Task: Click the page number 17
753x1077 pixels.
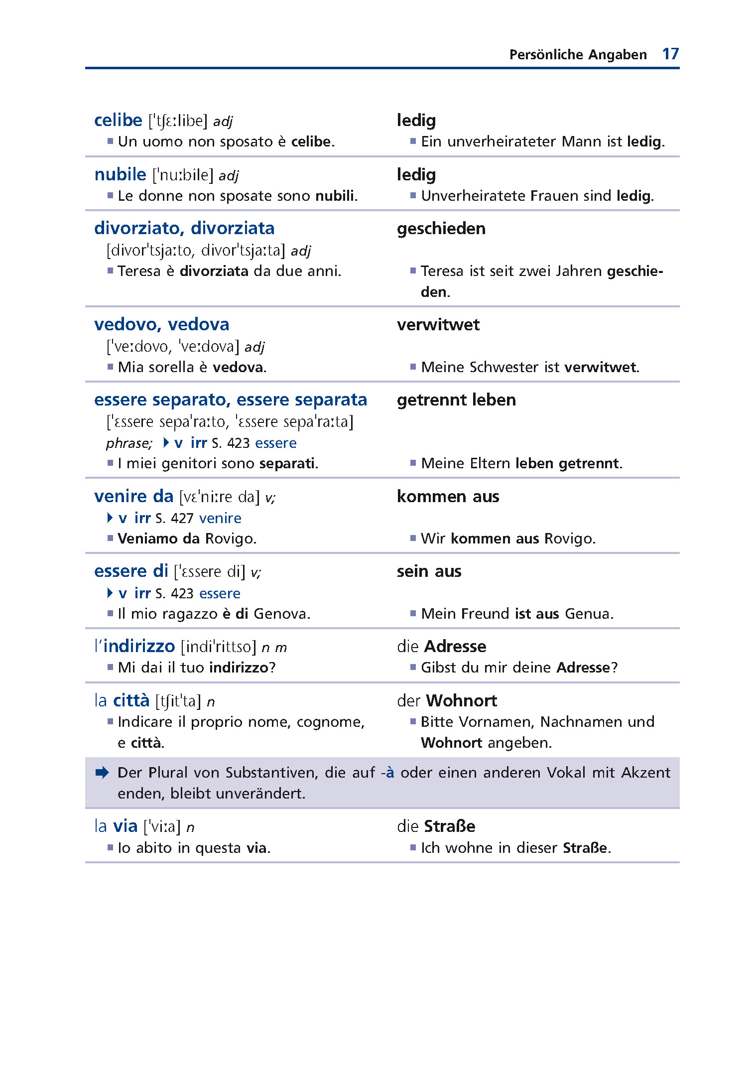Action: coord(670,54)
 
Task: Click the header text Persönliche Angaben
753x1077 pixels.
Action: coord(578,55)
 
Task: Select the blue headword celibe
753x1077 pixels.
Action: coord(118,121)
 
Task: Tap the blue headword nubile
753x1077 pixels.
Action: coord(120,175)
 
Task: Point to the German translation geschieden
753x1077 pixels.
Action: coord(441,229)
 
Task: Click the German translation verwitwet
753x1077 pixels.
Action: coord(438,325)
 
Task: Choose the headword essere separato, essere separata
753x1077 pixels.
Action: coord(230,400)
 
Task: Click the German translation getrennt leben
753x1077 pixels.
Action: coord(456,400)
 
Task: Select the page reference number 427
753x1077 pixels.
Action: coord(182,519)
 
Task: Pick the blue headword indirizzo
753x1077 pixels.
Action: coord(139,647)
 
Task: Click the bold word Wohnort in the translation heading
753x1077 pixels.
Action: coord(461,701)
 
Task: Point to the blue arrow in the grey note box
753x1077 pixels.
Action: coord(102,773)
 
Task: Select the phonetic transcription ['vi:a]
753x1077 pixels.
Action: coord(162,827)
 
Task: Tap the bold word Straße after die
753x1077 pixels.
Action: coord(449,826)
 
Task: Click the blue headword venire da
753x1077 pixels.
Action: coord(133,497)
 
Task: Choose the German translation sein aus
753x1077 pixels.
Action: coord(429,571)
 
